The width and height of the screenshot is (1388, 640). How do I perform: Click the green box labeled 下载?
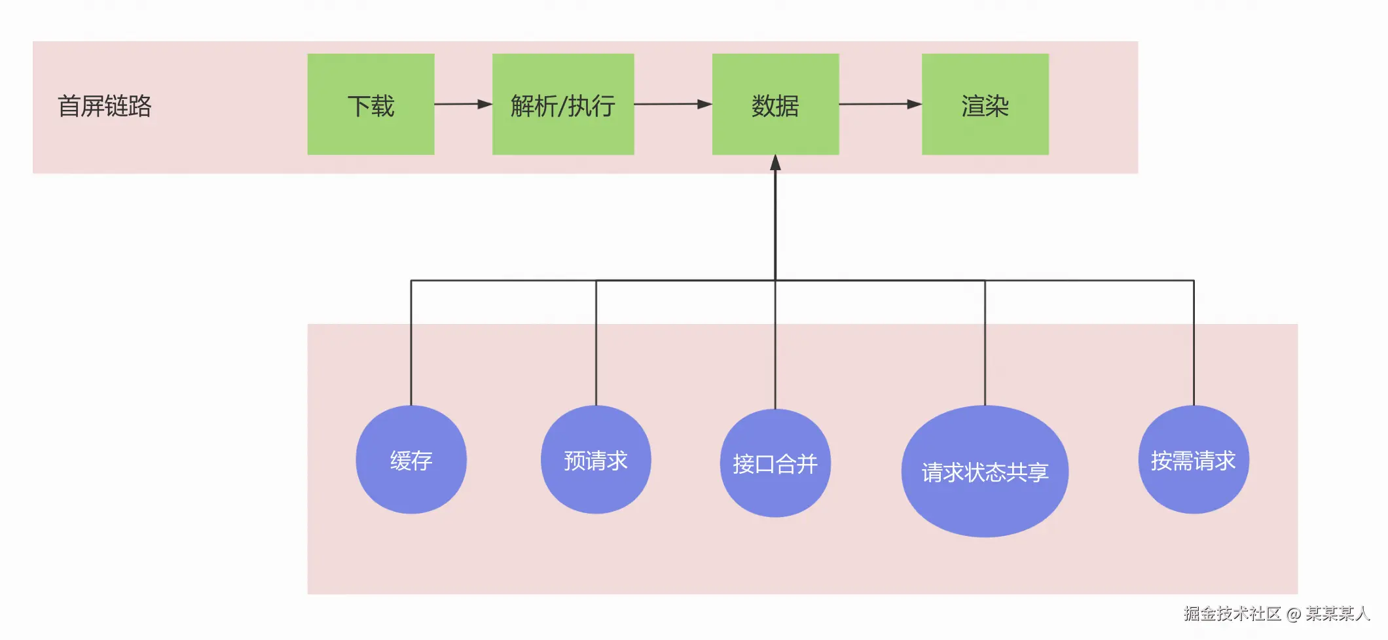click(371, 105)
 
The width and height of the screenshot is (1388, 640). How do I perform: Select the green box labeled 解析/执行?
click(563, 105)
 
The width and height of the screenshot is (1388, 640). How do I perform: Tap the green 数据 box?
click(775, 105)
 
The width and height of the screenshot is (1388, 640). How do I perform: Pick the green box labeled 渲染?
click(985, 105)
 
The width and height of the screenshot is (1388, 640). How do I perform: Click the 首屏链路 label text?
click(105, 106)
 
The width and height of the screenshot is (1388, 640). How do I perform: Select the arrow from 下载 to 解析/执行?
click(462, 104)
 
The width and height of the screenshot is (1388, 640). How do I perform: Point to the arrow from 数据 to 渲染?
click(879, 104)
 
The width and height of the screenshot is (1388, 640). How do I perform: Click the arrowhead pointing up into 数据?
click(775, 162)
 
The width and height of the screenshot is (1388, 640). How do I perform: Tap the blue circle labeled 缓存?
click(411, 460)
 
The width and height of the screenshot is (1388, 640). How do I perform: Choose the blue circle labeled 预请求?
click(596, 460)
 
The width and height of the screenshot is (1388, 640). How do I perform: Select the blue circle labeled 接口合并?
click(775, 463)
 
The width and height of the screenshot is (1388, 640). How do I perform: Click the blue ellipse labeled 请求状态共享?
click(985, 472)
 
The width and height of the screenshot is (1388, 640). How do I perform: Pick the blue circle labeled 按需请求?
click(1194, 460)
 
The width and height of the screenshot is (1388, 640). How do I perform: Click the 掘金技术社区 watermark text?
click(1232, 613)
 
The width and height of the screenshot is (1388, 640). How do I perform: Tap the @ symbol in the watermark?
click(1294, 614)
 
